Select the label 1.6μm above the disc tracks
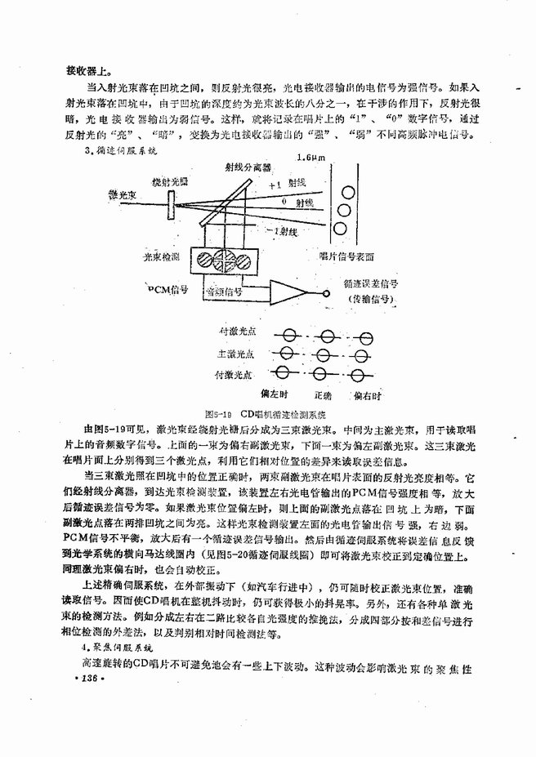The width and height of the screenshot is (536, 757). [312, 157]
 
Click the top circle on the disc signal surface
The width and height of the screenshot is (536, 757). [348, 192]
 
